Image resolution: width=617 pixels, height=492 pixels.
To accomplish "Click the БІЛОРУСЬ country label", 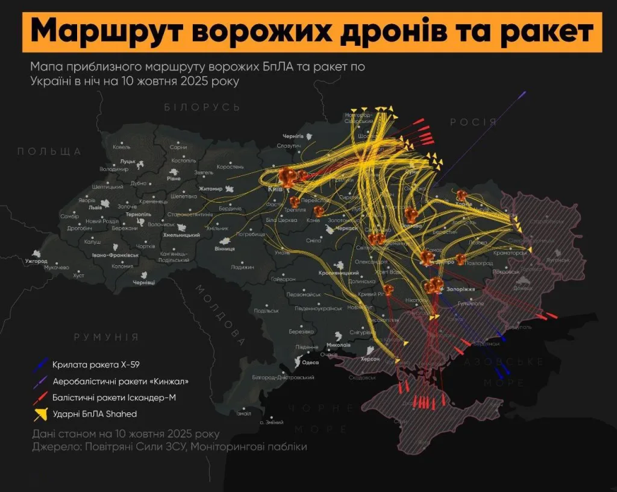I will coord(202,107).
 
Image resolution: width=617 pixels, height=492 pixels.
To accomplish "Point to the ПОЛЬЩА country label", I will coord(49,151).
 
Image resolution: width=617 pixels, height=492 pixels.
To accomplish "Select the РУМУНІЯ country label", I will coord(106,337).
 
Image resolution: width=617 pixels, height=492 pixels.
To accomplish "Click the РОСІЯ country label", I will coord(473,122).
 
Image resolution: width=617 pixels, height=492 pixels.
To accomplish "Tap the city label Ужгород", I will coord(36,262).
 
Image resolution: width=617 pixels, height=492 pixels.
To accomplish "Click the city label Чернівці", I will coord(144,282).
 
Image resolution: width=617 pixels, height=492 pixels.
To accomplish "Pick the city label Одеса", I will coord(310,362).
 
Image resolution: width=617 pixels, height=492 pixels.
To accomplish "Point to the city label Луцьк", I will coord(127,162).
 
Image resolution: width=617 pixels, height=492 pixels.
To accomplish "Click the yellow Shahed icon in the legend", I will coord(42,414).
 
